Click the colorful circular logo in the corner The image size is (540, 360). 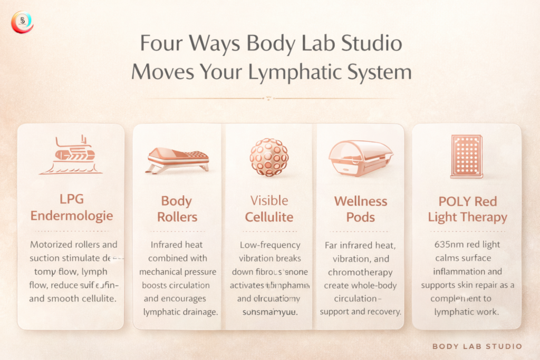tap(22, 22)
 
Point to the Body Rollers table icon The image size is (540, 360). tap(177, 160)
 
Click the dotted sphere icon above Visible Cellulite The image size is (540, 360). tap(269, 157)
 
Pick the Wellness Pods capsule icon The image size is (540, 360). tap(360, 157)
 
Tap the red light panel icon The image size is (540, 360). tap(466, 156)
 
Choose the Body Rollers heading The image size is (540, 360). tap(177, 209)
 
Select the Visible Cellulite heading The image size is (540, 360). tap(269, 209)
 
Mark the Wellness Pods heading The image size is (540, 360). tap(360, 209)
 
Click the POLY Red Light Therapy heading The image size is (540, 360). tap(467, 209)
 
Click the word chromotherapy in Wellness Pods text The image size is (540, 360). tap(360, 271)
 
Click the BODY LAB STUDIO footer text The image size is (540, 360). tap(477, 346)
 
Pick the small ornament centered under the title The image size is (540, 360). tap(269, 98)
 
